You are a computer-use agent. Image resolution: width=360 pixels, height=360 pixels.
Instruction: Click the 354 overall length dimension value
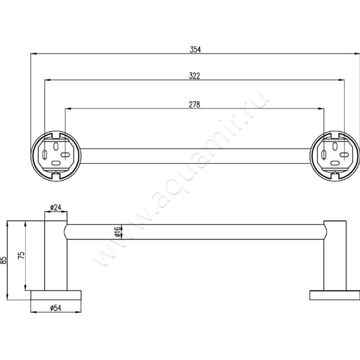(x=194, y=50)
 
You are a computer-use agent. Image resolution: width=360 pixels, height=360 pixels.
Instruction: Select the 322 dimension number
(x=194, y=77)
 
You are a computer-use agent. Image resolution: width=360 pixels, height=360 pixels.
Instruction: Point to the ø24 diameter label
(x=55, y=207)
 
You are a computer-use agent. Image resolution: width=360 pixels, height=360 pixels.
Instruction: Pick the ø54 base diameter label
(x=55, y=308)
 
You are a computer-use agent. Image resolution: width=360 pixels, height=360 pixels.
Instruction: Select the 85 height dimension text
(x=4, y=260)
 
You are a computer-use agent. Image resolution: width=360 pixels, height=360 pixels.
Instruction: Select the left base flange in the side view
(x=55, y=295)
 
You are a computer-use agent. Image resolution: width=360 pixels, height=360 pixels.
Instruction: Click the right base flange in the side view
(x=335, y=295)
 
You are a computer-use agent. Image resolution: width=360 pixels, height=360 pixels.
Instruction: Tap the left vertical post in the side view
(x=55, y=256)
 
